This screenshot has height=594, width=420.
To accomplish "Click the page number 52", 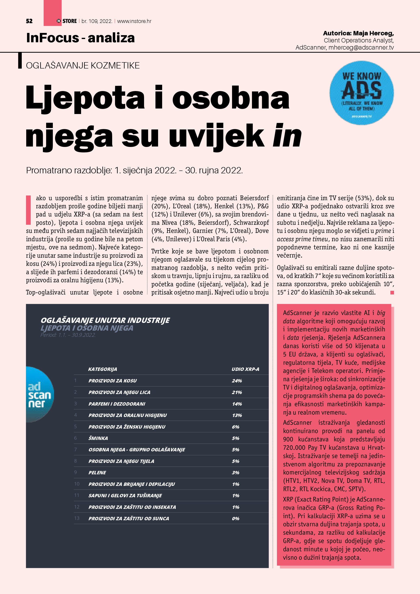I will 29,21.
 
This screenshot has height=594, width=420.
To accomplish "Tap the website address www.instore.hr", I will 134,21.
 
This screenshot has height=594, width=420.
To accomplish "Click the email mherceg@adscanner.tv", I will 361,48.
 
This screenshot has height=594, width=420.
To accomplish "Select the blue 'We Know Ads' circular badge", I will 361,93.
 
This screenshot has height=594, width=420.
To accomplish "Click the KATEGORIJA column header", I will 102,369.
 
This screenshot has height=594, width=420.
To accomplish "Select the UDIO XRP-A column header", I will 245,369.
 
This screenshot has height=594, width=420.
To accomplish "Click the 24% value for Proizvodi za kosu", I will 237,381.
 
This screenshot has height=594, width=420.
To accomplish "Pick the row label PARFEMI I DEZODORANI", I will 117,404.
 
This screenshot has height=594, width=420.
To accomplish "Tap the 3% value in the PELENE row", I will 235,473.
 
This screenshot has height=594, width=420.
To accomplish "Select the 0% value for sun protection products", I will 235,518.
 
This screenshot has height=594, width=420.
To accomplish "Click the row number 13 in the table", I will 77,518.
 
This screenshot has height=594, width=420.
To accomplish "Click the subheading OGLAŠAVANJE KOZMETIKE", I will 83,65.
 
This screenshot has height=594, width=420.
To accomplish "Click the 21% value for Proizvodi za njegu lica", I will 237,392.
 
